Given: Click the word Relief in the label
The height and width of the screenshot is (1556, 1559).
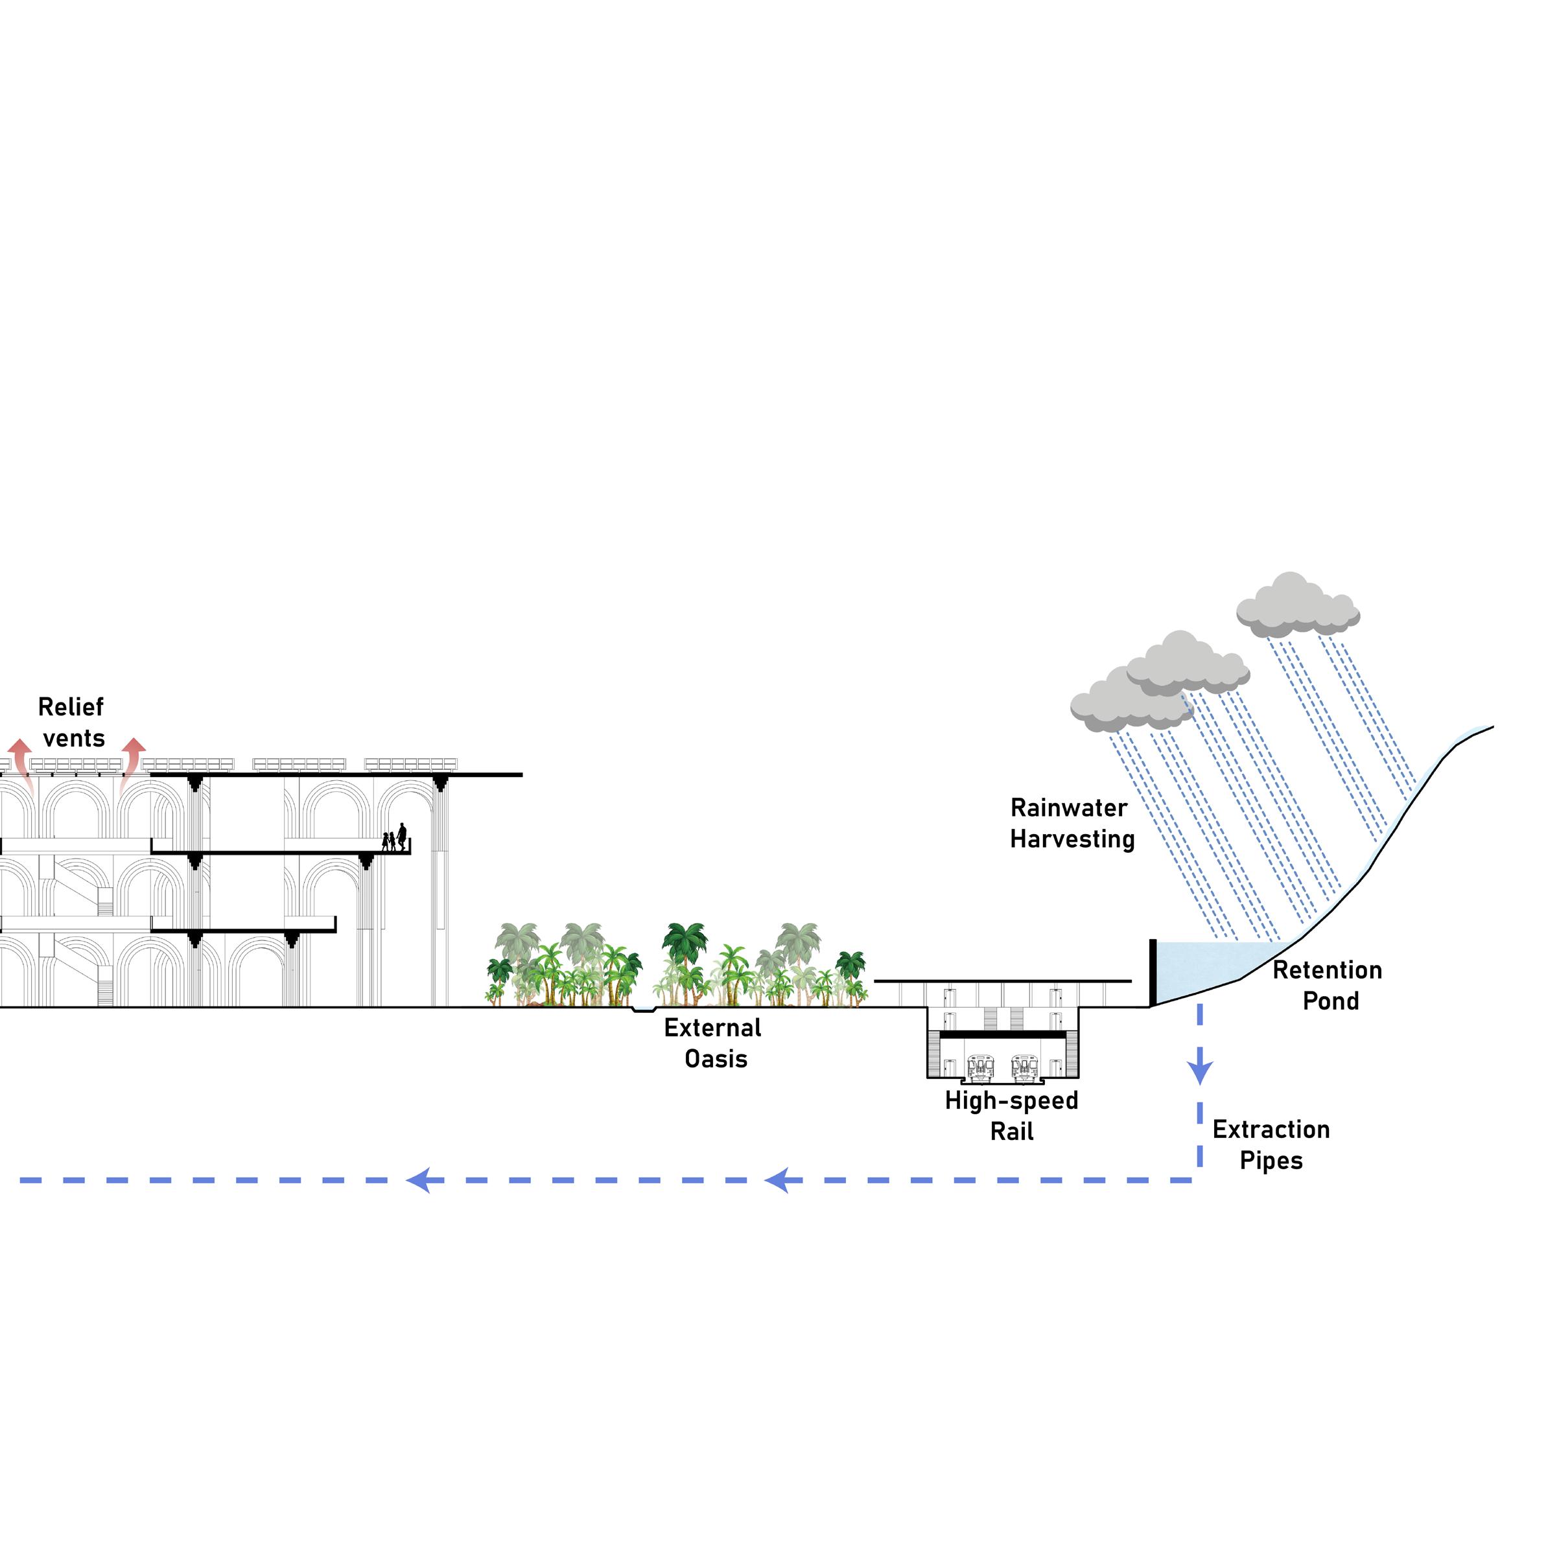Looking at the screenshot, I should pyautogui.click(x=71, y=708).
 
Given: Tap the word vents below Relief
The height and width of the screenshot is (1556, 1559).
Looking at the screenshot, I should pyautogui.click(x=75, y=739).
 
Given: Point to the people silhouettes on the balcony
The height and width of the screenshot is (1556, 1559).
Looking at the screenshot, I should pyautogui.click(x=395, y=839).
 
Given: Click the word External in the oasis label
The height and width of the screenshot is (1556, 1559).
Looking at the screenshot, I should pyautogui.click(x=712, y=1028).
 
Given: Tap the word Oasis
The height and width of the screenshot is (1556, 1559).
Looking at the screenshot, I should pyautogui.click(x=716, y=1059).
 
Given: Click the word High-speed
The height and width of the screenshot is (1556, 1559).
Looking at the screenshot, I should pyautogui.click(x=1011, y=1101).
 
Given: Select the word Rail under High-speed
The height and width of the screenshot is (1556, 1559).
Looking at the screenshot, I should pyautogui.click(x=1012, y=1132).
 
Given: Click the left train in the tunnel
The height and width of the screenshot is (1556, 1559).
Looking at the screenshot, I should pyautogui.click(x=979, y=1067).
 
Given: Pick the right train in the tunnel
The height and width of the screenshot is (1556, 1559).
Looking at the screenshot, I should pyautogui.click(x=1024, y=1067).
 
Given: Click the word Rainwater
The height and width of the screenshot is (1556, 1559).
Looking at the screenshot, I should pyautogui.click(x=1068, y=808).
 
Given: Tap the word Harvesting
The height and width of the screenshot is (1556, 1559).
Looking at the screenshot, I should pyautogui.click(x=1072, y=840).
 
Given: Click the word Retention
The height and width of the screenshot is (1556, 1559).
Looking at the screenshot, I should pyautogui.click(x=1328, y=970).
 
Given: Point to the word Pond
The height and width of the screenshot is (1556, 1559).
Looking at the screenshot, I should pyautogui.click(x=1331, y=1002).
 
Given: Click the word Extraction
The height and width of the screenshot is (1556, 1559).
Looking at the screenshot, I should pyautogui.click(x=1271, y=1130).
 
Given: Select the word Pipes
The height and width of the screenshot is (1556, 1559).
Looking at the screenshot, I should pyautogui.click(x=1271, y=1161).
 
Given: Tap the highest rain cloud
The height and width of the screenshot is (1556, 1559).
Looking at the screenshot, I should pyautogui.click(x=1298, y=606).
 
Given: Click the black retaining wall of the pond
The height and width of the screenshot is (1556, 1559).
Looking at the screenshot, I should pyautogui.click(x=1153, y=973).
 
